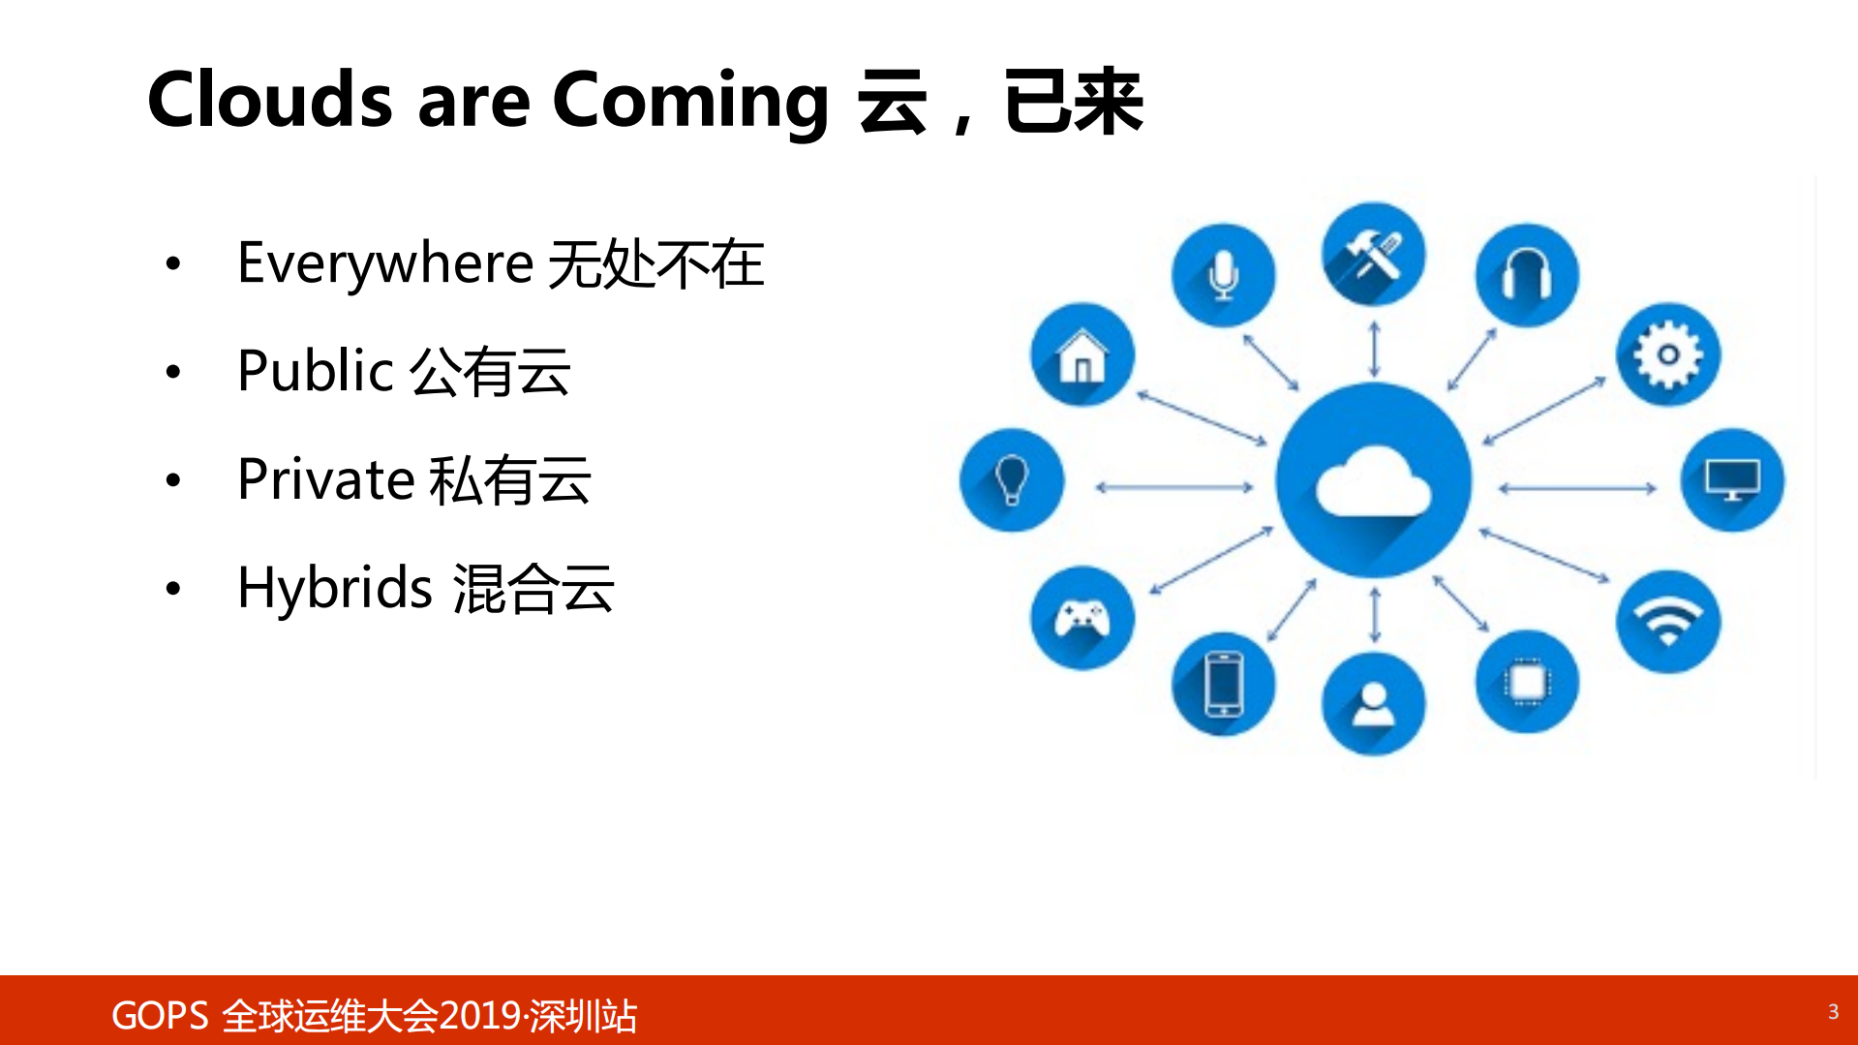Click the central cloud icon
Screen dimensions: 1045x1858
tap(1373, 480)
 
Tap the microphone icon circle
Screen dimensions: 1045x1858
tap(1223, 275)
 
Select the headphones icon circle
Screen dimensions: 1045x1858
tap(1527, 275)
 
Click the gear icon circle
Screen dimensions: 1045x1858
tap(1667, 354)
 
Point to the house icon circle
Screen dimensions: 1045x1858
tap(1081, 354)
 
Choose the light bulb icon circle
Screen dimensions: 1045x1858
tap(1012, 480)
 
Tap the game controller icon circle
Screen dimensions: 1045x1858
tap(1081, 618)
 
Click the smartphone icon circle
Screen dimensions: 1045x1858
tap(1223, 685)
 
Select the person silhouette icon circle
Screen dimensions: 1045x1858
tap(1373, 704)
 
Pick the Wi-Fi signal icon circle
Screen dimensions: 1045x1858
tap(1667, 622)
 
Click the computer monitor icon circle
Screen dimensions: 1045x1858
tap(1732, 480)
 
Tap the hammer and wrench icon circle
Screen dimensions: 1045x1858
tap(1373, 255)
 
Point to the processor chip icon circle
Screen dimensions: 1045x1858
tap(1527, 683)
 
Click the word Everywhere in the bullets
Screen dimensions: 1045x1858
tap(385, 263)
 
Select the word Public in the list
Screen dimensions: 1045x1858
tap(315, 371)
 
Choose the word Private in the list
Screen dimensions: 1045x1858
tap(326, 479)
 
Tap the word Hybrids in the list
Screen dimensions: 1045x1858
tap(334, 588)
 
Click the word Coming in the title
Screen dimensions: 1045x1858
tap(690, 101)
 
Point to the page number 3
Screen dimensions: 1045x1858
tap(1833, 1012)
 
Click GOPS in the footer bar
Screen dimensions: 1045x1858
tap(160, 1016)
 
